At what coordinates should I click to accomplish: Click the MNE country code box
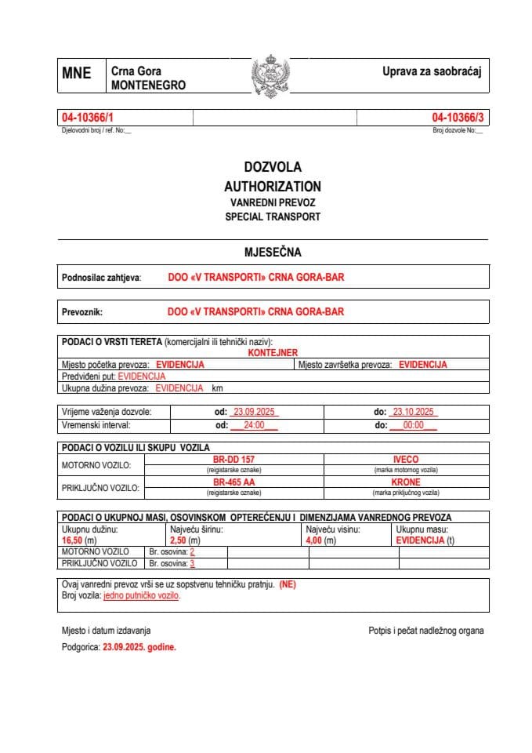(77, 74)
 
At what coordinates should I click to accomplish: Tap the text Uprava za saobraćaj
(431, 71)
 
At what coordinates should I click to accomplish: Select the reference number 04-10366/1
(82, 118)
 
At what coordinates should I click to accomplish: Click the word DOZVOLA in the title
(272, 167)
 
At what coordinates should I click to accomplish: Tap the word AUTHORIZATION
(272, 187)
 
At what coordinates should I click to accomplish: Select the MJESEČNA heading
(272, 253)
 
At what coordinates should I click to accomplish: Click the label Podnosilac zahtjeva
(101, 278)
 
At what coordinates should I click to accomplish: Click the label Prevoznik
(82, 311)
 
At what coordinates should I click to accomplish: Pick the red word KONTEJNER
(273, 353)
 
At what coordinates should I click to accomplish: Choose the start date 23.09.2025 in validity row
(252, 412)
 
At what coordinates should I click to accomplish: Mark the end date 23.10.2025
(414, 412)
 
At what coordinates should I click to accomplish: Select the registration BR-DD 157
(233, 459)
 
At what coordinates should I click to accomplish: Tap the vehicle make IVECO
(405, 459)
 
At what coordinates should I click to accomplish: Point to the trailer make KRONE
(405, 482)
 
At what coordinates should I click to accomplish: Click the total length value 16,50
(74, 540)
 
